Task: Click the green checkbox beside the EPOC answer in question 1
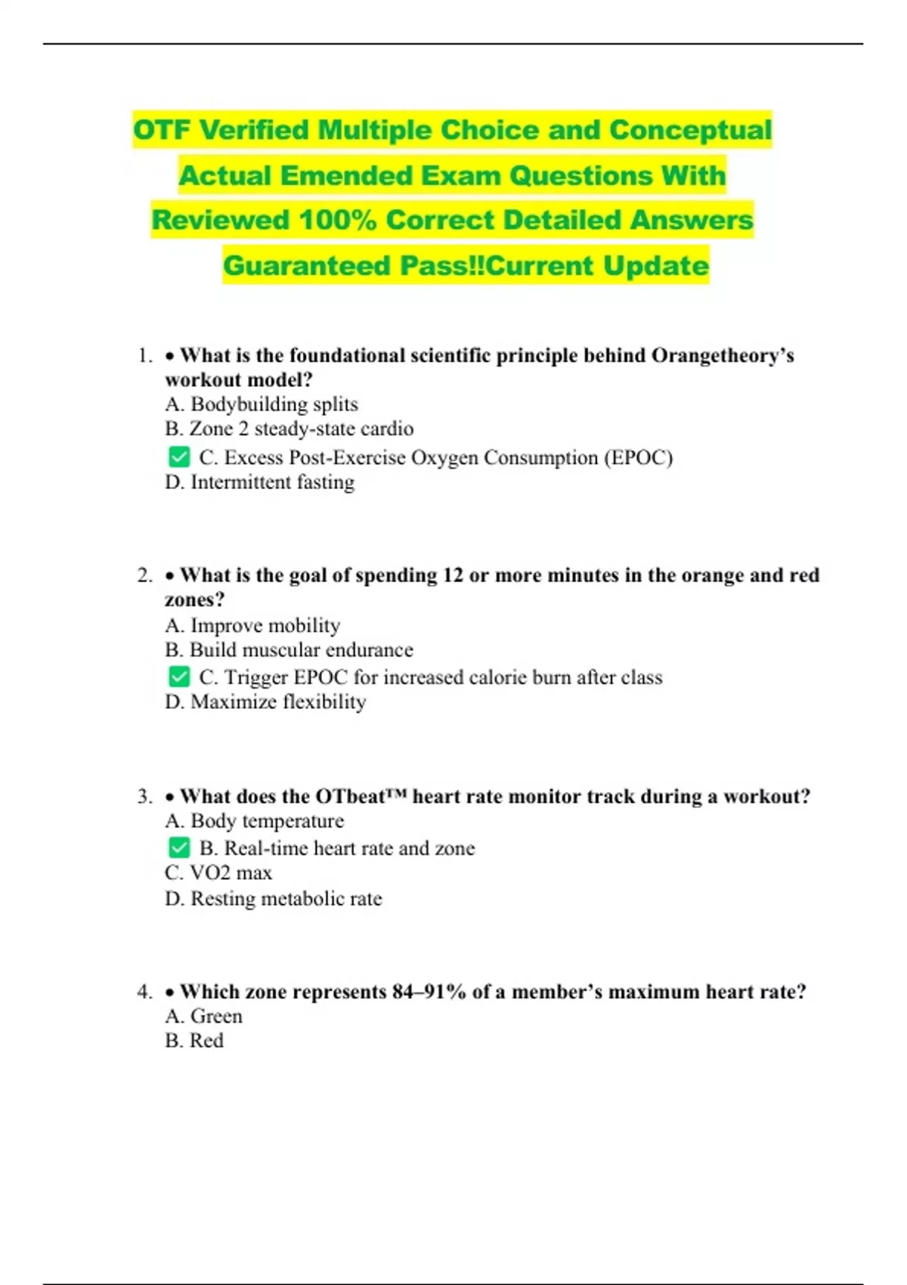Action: (179, 457)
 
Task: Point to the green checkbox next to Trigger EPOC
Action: (179, 677)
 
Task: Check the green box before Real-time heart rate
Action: (179, 847)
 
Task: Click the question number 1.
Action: (145, 355)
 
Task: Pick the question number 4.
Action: (145, 992)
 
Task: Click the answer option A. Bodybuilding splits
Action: (262, 404)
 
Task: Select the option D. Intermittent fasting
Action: (259, 482)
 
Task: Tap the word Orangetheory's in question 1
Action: (723, 355)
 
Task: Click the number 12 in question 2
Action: (453, 575)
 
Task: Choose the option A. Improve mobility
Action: (252, 625)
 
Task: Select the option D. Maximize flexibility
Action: (265, 701)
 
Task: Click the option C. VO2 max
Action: (218, 873)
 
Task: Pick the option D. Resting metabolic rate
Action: (273, 899)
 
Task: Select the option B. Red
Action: (194, 1041)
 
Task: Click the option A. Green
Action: (203, 1016)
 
